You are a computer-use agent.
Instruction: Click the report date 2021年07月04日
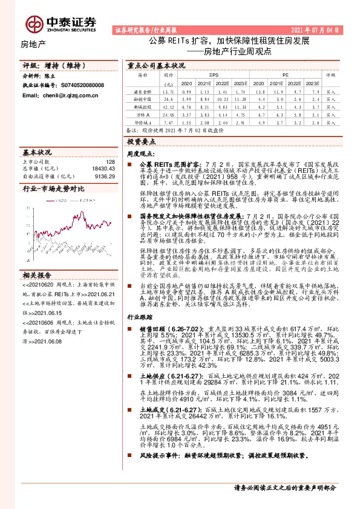[326, 30]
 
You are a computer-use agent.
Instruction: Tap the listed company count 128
[110, 162]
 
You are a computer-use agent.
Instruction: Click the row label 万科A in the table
[142, 114]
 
